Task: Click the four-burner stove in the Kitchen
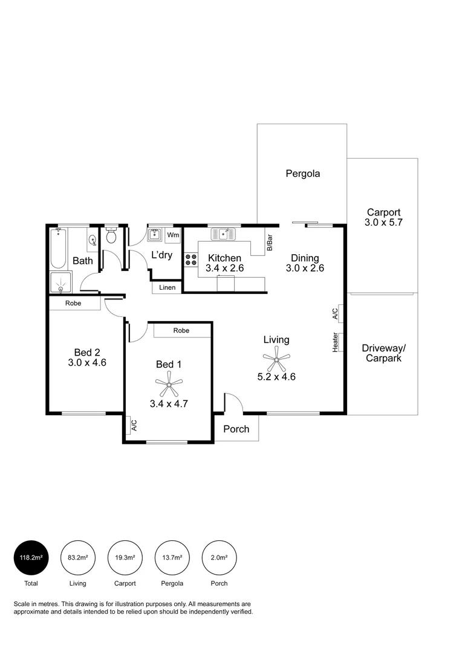click(x=190, y=260)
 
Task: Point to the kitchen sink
click(x=223, y=234)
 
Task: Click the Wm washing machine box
click(x=173, y=235)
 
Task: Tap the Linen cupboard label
click(x=168, y=287)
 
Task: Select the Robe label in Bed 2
click(x=74, y=303)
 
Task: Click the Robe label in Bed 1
click(x=181, y=331)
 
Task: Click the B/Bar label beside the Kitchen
click(x=270, y=241)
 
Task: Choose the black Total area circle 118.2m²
click(x=31, y=558)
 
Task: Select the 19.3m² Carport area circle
click(x=125, y=558)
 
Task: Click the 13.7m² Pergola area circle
click(x=172, y=558)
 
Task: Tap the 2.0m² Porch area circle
click(x=219, y=558)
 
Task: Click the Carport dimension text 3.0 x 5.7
click(x=383, y=223)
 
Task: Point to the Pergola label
click(x=302, y=174)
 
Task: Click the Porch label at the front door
click(x=236, y=429)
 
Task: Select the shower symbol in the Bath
click(x=60, y=281)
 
